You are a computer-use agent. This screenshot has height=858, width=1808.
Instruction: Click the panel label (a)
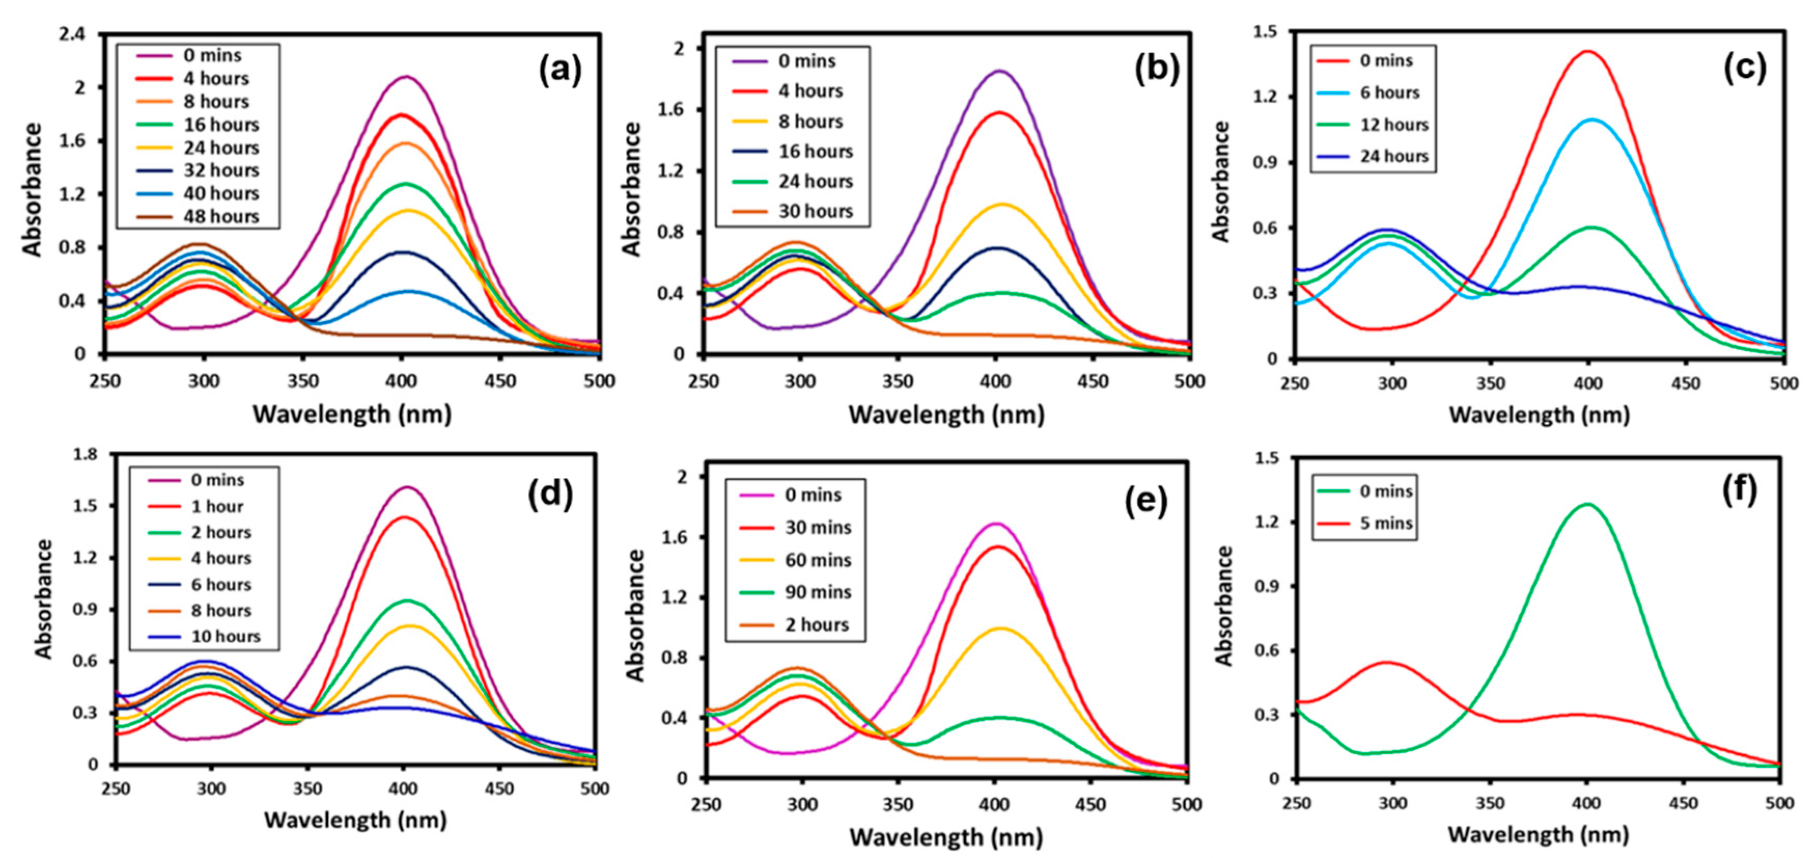tap(559, 71)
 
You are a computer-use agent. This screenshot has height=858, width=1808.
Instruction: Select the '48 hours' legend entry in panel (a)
tap(220, 217)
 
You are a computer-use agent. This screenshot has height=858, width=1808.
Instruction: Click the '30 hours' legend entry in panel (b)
tap(815, 211)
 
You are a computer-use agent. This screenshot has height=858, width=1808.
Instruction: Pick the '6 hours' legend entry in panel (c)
tap(1389, 93)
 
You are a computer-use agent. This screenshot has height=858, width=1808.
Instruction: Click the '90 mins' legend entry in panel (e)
tap(818, 592)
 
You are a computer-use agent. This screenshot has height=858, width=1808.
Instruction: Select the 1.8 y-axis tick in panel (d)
tap(86, 454)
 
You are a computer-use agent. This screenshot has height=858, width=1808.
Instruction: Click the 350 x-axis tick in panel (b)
tap(897, 382)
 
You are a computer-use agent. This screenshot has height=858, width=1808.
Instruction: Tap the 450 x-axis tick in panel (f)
tap(1683, 803)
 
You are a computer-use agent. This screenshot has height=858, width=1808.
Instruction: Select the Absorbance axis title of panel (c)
tap(1222, 183)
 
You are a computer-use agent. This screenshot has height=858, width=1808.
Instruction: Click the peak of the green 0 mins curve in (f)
tap(1586, 504)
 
